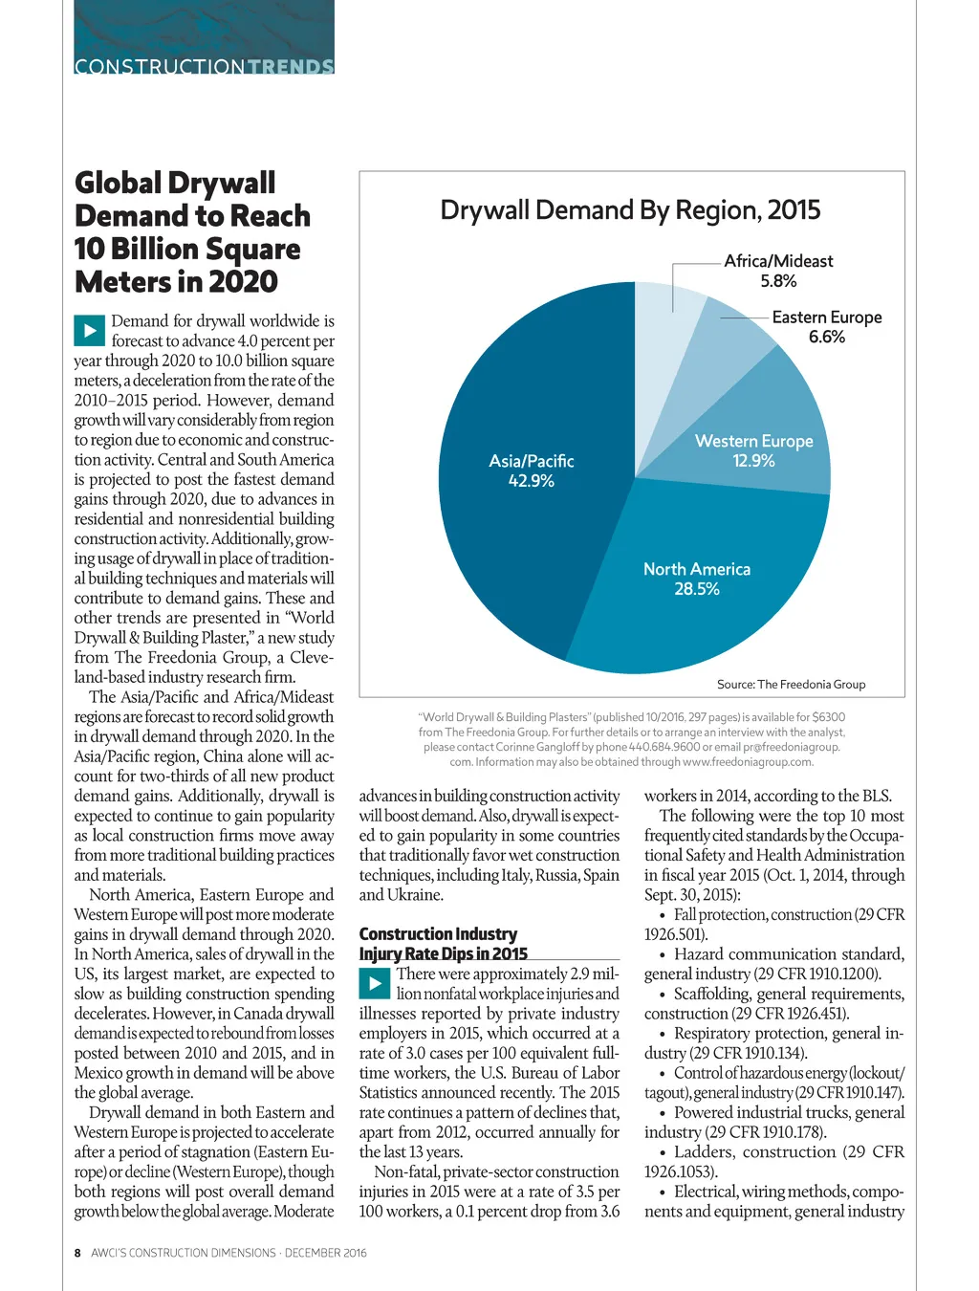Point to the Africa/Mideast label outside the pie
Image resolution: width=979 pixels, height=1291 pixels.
tap(778, 261)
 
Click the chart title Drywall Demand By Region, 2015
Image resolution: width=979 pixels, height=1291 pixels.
tap(630, 210)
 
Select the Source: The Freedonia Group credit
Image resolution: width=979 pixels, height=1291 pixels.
tap(791, 685)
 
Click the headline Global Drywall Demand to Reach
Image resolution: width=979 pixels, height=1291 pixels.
tap(191, 232)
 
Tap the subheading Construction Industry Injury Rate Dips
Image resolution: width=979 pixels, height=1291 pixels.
tap(443, 944)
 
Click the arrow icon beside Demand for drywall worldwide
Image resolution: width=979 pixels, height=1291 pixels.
tap(89, 331)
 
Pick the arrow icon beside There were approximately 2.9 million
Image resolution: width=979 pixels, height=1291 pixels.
tap(375, 983)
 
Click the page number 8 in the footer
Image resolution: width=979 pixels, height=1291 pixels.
tap(78, 1253)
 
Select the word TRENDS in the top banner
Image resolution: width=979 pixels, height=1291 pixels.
tap(290, 67)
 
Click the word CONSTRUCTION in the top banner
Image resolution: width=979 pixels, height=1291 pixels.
tap(160, 67)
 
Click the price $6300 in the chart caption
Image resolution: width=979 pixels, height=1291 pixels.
tap(828, 717)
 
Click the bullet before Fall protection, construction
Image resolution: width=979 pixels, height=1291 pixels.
tap(664, 915)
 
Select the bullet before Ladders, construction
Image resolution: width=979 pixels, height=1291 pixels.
tap(664, 1152)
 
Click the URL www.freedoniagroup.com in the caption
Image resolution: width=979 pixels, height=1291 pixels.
tap(747, 762)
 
